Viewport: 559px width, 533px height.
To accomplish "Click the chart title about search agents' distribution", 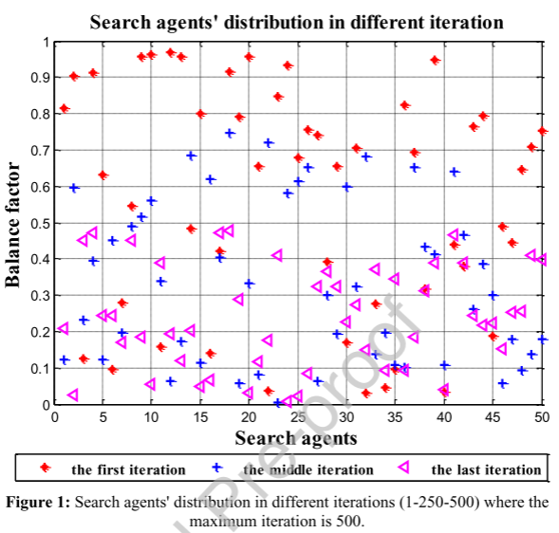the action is click(x=296, y=22).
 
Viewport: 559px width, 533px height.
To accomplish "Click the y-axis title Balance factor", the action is click(x=12, y=225).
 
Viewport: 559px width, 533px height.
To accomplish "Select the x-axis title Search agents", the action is click(x=296, y=438).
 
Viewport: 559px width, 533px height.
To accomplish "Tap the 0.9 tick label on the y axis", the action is click(x=40, y=78).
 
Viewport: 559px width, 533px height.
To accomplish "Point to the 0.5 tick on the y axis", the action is click(x=40, y=224).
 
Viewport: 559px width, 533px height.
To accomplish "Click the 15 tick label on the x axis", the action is click(x=200, y=417).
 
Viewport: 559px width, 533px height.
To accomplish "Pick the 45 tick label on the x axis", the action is click(x=493, y=417).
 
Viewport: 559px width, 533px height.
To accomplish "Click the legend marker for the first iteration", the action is click(x=46, y=468).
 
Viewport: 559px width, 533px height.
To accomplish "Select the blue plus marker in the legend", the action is click(x=216, y=468).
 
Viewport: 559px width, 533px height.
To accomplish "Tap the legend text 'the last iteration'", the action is click(x=486, y=470).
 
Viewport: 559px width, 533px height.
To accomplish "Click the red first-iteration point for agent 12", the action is click(x=171, y=53).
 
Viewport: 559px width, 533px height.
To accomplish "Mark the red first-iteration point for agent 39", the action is click(x=435, y=60).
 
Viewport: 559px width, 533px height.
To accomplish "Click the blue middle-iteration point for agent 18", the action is click(x=230, y=134).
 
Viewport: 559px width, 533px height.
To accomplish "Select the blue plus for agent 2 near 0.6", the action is click(x=74, y=188).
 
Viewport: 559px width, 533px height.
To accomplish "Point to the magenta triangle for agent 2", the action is click(x=73, y=395).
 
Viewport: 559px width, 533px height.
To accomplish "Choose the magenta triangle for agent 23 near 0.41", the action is click(x=277, y=255).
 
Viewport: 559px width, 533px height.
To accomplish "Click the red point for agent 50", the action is click(x=543, y=131).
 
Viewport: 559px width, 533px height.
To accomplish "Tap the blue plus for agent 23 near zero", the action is click(x=278, y=403).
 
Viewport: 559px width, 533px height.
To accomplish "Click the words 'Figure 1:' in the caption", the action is click(x=38, y=503).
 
